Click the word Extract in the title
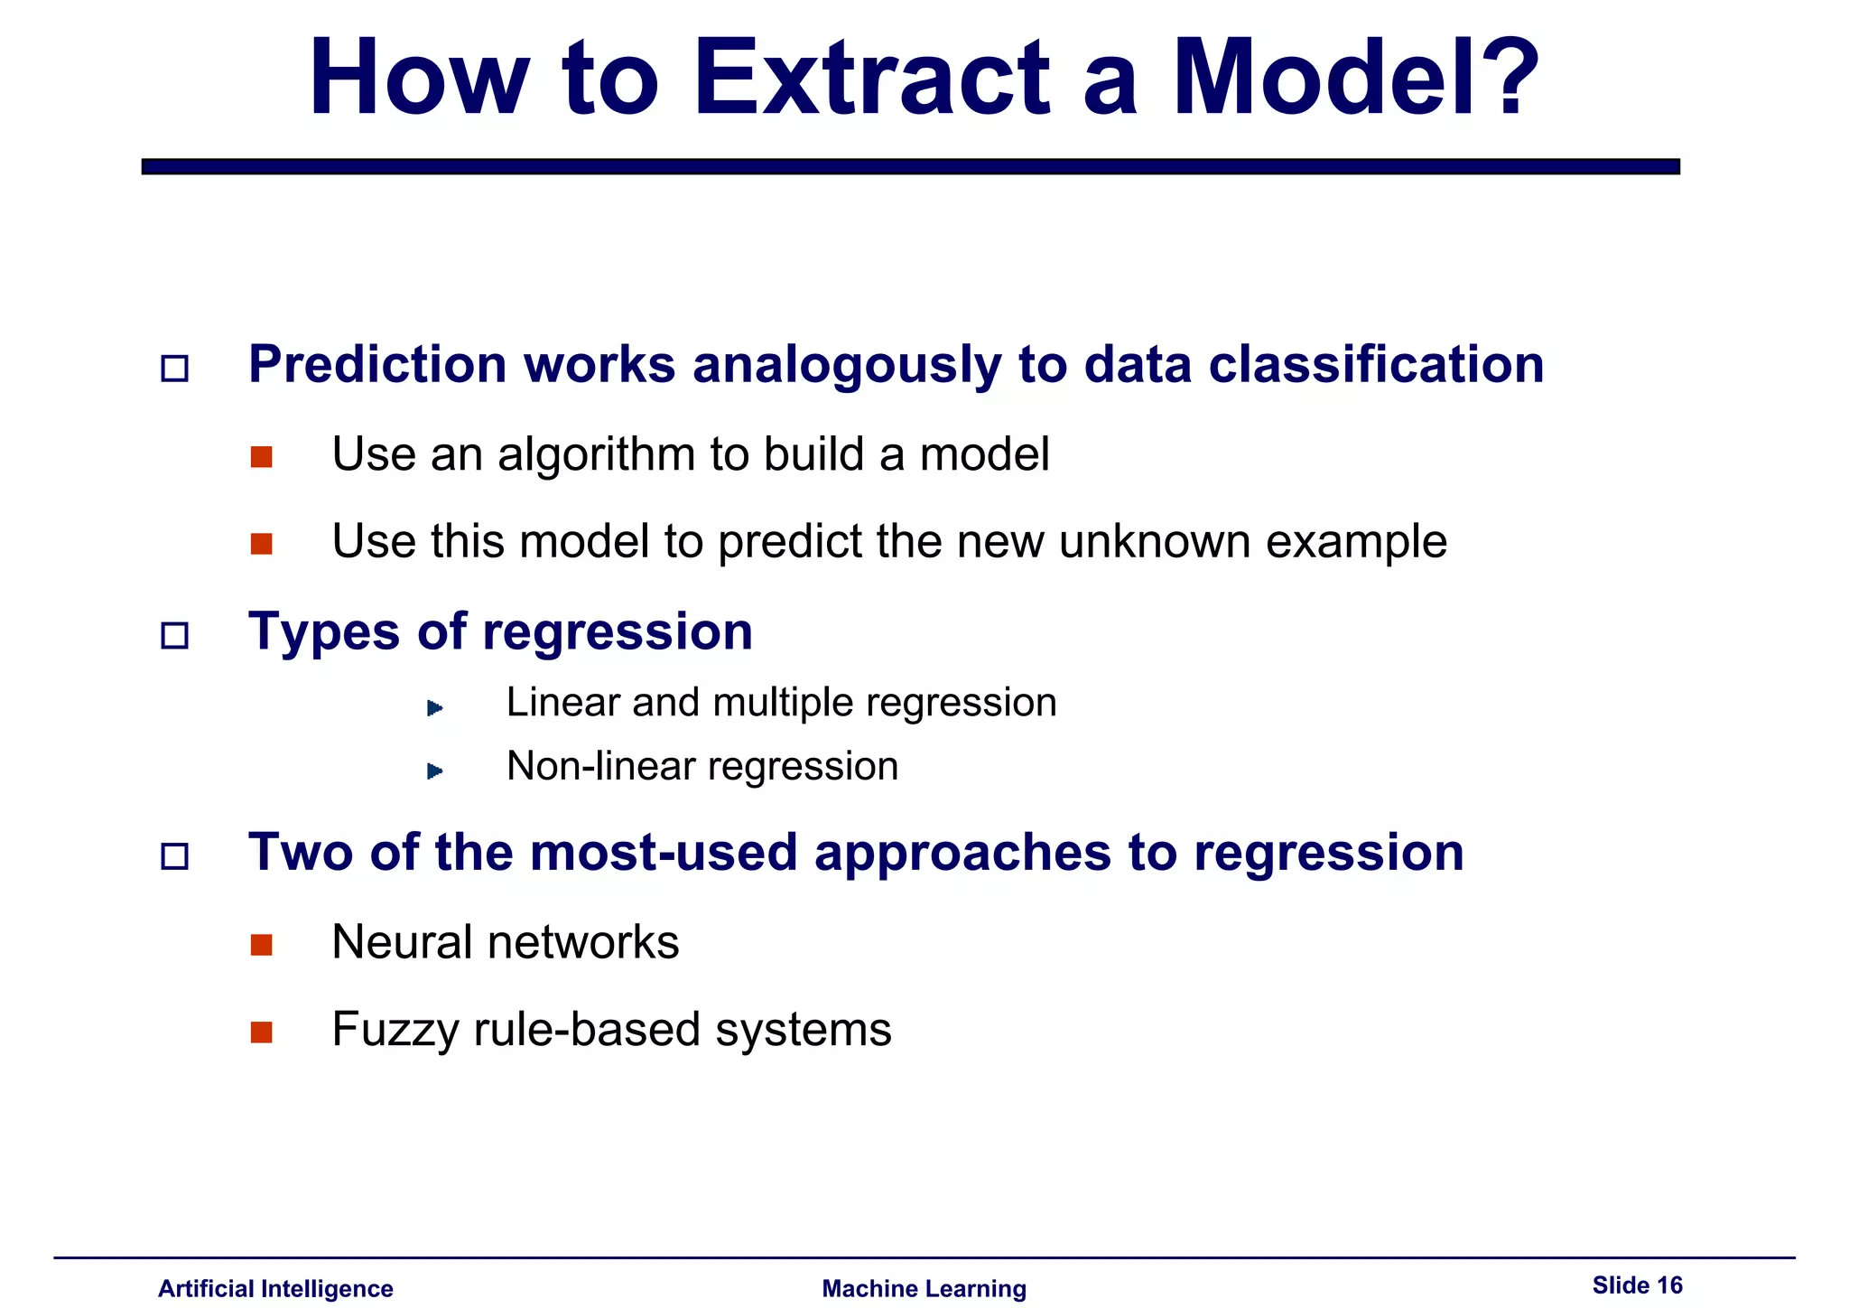pos(871,79)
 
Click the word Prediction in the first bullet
pos(377,365)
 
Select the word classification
pos(1376,365)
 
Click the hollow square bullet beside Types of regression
pos(174,636)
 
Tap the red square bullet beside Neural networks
pos(262,945)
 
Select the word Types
pos(324,631)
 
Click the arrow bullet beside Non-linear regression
pos(434,771)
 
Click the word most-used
pos(664,853)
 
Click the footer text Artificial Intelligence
pos(275,1288)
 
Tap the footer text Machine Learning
pos(924,1288)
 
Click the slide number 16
pos(1669,1285)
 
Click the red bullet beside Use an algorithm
pos(262,457)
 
